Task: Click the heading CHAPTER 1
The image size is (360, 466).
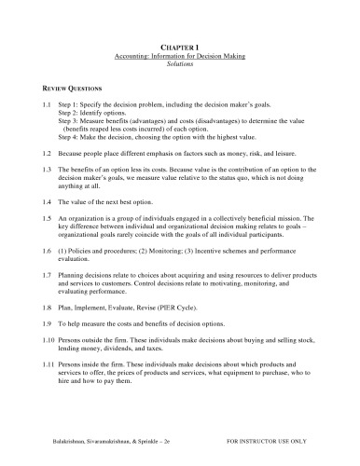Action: tap(180, 45)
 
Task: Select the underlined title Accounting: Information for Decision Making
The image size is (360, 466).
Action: tap(180, 54)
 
